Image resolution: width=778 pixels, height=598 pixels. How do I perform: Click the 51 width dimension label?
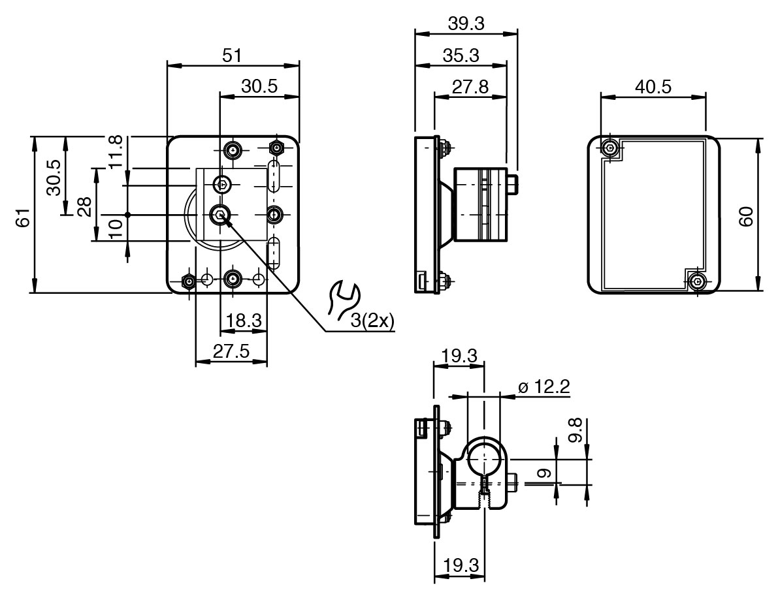231,55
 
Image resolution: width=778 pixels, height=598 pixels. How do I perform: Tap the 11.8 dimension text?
115,151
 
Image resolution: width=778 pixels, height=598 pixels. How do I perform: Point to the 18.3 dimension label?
244,321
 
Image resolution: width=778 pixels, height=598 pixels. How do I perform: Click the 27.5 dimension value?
231,352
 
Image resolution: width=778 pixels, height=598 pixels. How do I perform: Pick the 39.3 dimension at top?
466,24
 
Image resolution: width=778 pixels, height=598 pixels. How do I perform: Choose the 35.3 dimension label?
461,55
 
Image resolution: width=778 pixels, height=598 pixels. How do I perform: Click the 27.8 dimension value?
470,87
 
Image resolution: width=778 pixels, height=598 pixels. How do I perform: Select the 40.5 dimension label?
652,87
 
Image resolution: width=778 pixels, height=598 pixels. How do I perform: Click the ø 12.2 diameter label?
543,386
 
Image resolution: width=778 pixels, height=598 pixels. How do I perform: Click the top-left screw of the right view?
609,149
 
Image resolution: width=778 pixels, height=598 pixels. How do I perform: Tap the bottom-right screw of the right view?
698,282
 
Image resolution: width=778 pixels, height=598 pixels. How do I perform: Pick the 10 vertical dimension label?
115,228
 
